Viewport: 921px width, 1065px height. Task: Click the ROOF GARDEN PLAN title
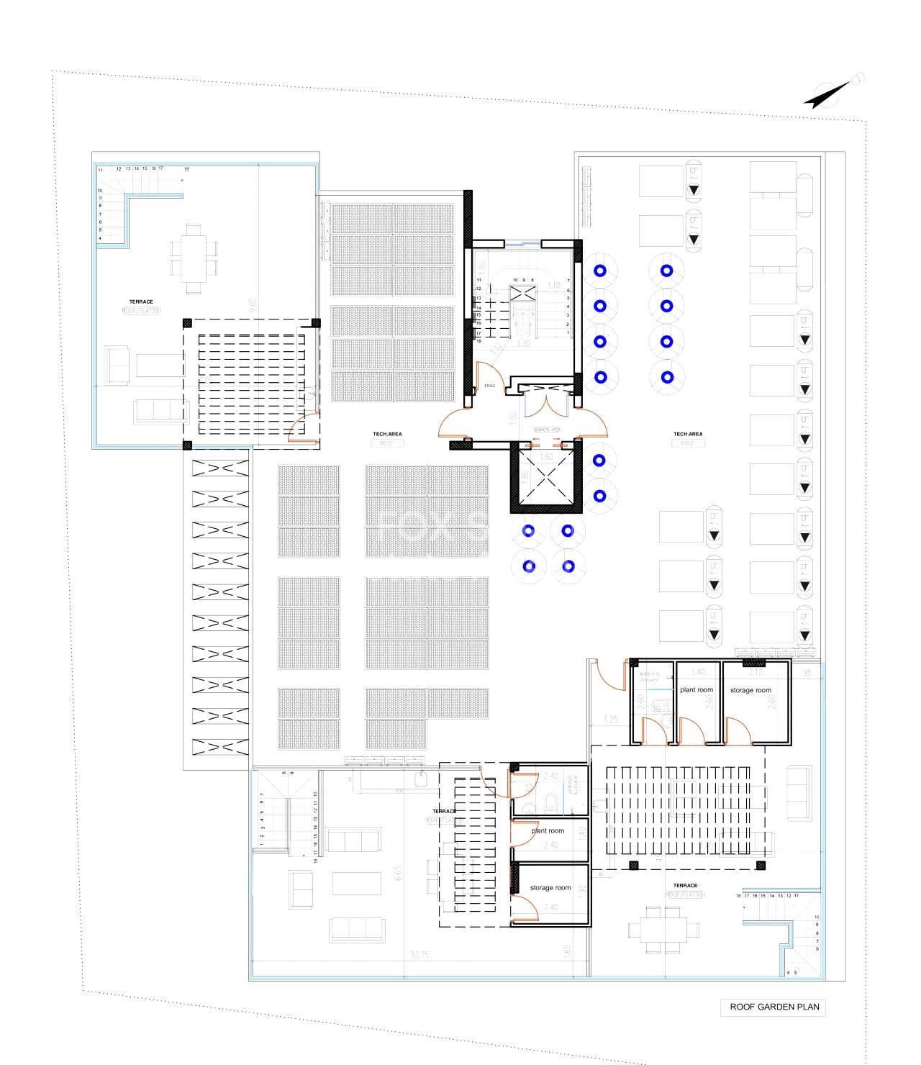pyautogui.click(x=774, y=1007)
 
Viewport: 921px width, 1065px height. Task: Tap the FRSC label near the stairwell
pyautogui.click(x=490, y=386)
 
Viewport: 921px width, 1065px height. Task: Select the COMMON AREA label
pyautogui.click(x=546, y=430)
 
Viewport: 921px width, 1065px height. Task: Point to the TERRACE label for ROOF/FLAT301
pyautogui.click(x=141, y=302)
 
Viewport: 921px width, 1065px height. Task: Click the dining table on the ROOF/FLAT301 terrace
pyautogui.click(x=193, y=258)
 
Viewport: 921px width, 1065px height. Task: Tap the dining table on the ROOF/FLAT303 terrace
pyautogui.click(x=663, y=929)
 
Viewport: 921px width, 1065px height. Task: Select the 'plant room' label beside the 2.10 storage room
pyautogui.click(x=697, y=689)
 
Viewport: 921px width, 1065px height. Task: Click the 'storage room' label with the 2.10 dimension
pyautogui.click(x=750, y=690)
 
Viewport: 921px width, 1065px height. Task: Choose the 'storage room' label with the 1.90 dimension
pyautogui.click(x=550, y=887)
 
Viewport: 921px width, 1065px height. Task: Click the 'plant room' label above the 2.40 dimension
pyautogui.click(x=548, y=830)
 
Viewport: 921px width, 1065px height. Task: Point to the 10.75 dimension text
pyautogui.click(x=419, y=955)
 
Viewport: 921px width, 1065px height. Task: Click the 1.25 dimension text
pyautogui.click(x=611, y=719)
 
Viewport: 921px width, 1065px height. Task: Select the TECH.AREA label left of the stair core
pyautogui.click(x=387, y=434)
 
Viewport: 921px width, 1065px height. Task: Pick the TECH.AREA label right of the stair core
pyautogui.click(x=688, y=434)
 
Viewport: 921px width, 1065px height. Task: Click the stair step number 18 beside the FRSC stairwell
pyautogui.click(x=478, y=340)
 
